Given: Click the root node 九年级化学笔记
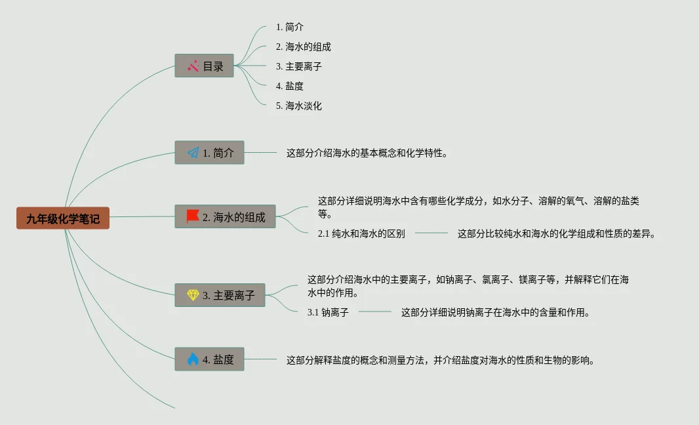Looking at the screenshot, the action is pos(63,218).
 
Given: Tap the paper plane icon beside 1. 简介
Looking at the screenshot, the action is pos(193,153).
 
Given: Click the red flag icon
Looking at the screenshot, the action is pos(193,216).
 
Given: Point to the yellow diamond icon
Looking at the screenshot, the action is pos(193,295).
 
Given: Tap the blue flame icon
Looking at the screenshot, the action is pos(193,359).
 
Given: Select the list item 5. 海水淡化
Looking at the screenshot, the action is pos(299,106).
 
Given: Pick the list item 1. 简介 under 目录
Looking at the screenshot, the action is pos(290,27).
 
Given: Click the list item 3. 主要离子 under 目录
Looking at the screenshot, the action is pos(299,66).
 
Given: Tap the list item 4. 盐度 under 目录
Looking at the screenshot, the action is pos(290,86).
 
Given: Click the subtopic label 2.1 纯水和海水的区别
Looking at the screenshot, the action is pos(361,233).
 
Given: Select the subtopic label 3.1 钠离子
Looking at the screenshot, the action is pos(328,312).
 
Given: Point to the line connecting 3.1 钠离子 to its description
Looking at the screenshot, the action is pos(374,312).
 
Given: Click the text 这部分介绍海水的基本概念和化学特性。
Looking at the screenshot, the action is pos(367,153).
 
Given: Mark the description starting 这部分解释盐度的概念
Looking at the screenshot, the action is pos(440,359).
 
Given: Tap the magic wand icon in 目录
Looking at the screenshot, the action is pos(193,66).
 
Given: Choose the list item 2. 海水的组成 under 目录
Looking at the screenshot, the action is pos(304,47).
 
